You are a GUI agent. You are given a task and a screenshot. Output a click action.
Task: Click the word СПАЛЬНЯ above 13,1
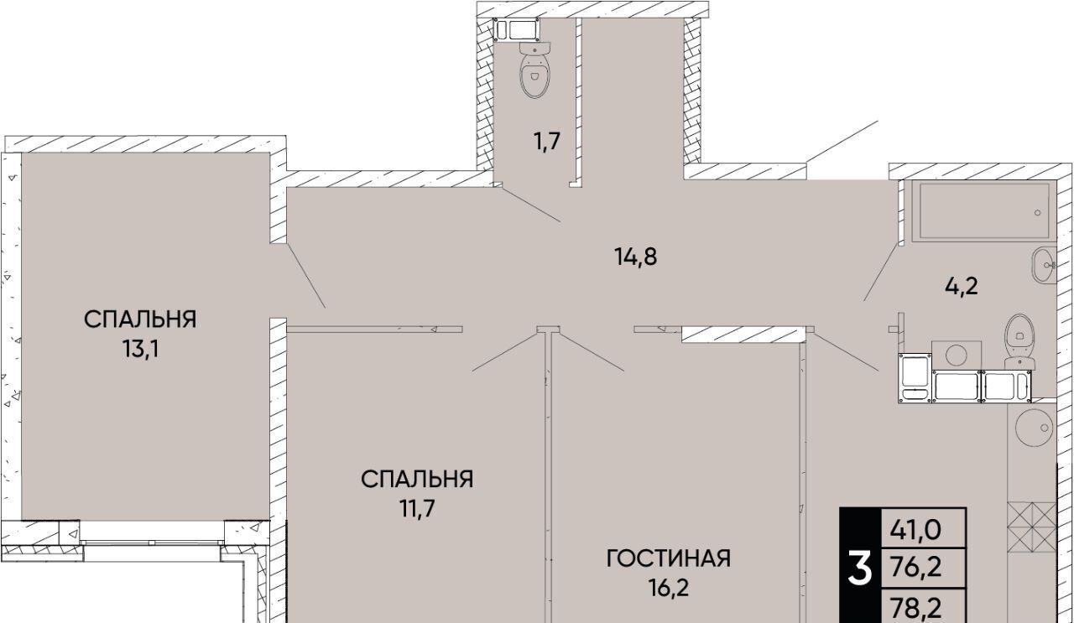click(140, 319)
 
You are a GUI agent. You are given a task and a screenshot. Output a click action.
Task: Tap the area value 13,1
click(140, 350)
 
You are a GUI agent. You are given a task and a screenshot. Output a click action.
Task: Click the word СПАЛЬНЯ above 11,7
click(417, 480)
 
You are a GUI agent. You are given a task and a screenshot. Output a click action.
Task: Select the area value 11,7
click(418, 509)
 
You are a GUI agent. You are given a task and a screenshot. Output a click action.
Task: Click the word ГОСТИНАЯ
click(669, 558)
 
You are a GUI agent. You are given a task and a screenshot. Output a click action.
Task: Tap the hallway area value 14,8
click(636, 257)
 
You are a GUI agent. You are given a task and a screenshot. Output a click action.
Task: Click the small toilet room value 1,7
click(548, 142)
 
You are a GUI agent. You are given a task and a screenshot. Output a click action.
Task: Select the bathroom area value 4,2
click(962, 287)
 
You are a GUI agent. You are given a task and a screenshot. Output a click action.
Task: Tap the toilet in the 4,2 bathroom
click(1019, 342)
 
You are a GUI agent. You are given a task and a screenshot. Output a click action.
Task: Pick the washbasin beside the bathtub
click(1043, 265)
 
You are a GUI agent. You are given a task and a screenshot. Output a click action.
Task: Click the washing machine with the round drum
click(957, 356)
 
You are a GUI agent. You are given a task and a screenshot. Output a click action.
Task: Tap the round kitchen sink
click(1034, 428)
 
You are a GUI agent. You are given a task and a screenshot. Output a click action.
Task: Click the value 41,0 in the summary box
click(915, 531)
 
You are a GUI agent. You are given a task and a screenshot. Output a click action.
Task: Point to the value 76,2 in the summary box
click(915, 568)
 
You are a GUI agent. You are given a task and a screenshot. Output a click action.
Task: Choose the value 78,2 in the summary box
click(915, 608)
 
